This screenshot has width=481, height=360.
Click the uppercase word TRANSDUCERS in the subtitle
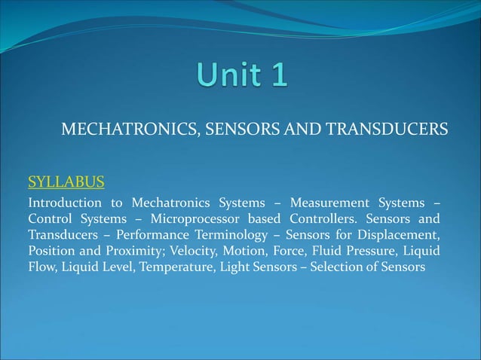pos(391,130)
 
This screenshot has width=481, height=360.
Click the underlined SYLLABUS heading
pos(66,182)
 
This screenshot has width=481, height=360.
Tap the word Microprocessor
pos(197,219)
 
